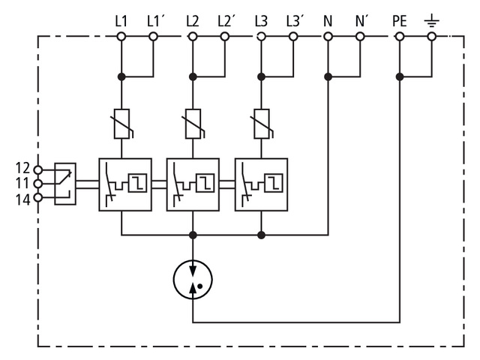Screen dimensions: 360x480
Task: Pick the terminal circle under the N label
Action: pos(328,36)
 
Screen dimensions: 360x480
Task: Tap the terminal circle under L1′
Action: pos(153,36)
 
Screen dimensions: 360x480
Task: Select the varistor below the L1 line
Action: pos(121,124)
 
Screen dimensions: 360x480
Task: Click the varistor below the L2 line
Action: pos(192,124)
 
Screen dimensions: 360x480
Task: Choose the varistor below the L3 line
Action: pos(261,124)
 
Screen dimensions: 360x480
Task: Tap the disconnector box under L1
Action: pos(125,183)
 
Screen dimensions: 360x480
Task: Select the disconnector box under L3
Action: pos(261,183)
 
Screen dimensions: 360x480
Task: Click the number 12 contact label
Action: pos(22,169)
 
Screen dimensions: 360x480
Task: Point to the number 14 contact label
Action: pos(22,199)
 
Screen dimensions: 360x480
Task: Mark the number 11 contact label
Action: pos(22,184)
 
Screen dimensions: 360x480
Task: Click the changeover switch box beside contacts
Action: pos(65,184)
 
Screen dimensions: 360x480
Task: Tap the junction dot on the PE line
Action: pos(400,76)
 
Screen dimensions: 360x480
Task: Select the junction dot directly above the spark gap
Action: pos(193,235)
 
